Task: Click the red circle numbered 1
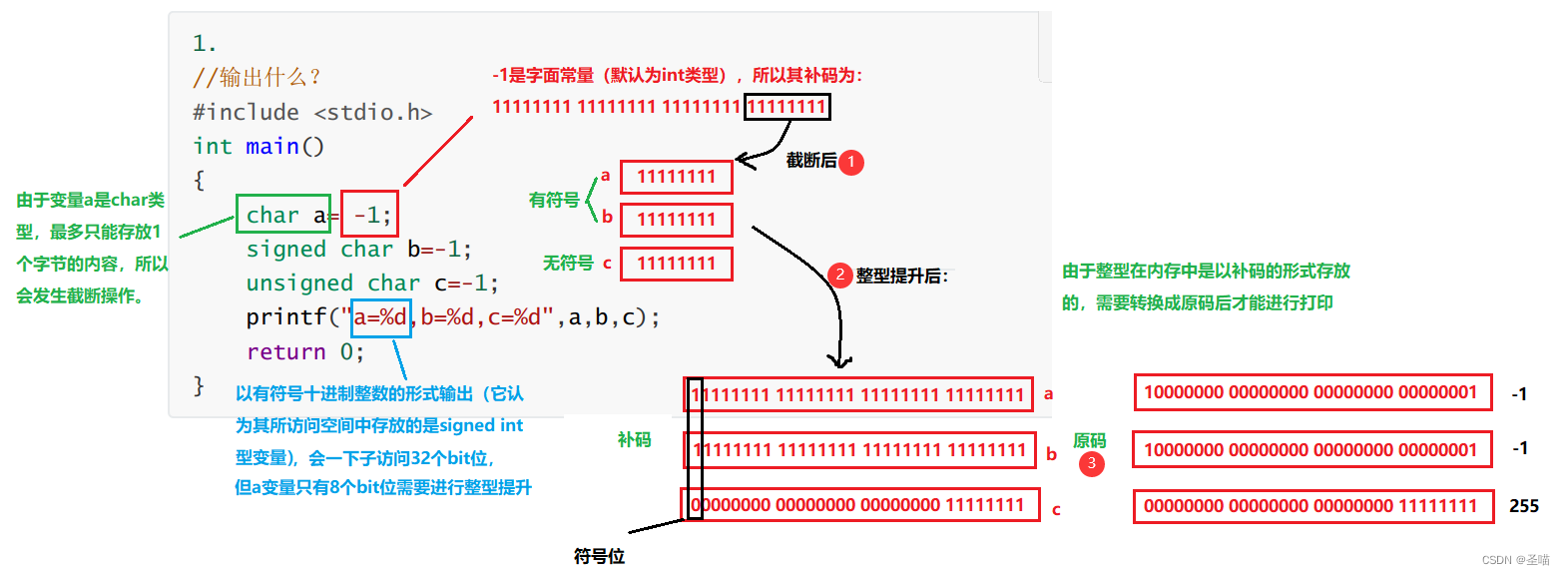pos(851,162)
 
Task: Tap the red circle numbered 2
pos(841,275)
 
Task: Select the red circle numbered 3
pos(1092,463)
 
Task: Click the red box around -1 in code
pos(369,215)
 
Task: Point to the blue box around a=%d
pos(380,317)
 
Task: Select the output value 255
pos(1524,506)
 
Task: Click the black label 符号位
pos(600,556)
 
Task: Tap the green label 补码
pos(634,439)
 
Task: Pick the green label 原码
pos(1089,440)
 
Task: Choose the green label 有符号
pos(554,200)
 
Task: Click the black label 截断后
pos(810,160)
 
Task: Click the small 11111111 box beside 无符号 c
pos(676,264)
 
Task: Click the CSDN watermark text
pos(1511,561)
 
